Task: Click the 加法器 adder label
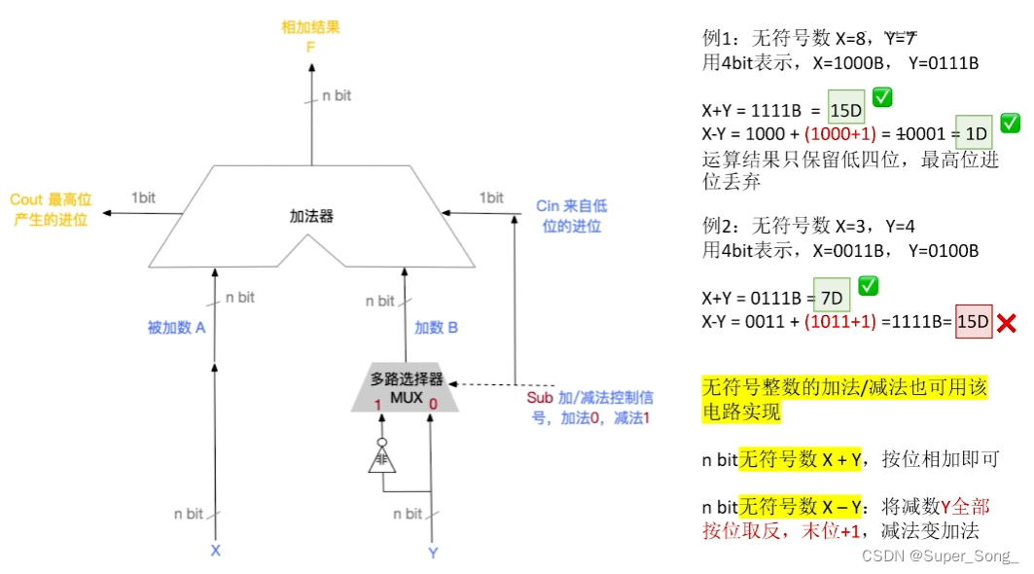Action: pos(311,216)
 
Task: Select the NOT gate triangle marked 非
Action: pos(381,460)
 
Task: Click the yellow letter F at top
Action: pos(311,45)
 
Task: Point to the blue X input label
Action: pos(216,551)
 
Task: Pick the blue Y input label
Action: pos(433,553)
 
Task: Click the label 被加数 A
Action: pos(176,328)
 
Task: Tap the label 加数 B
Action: pos(436,328)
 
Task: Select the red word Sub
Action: pos(540,398)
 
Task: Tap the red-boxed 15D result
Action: pos(973,321)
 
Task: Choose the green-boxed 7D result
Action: pos(832,295)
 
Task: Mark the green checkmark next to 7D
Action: pos(869,286)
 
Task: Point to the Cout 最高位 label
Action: pos(50,209)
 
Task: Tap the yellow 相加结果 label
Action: pos(311,27)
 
